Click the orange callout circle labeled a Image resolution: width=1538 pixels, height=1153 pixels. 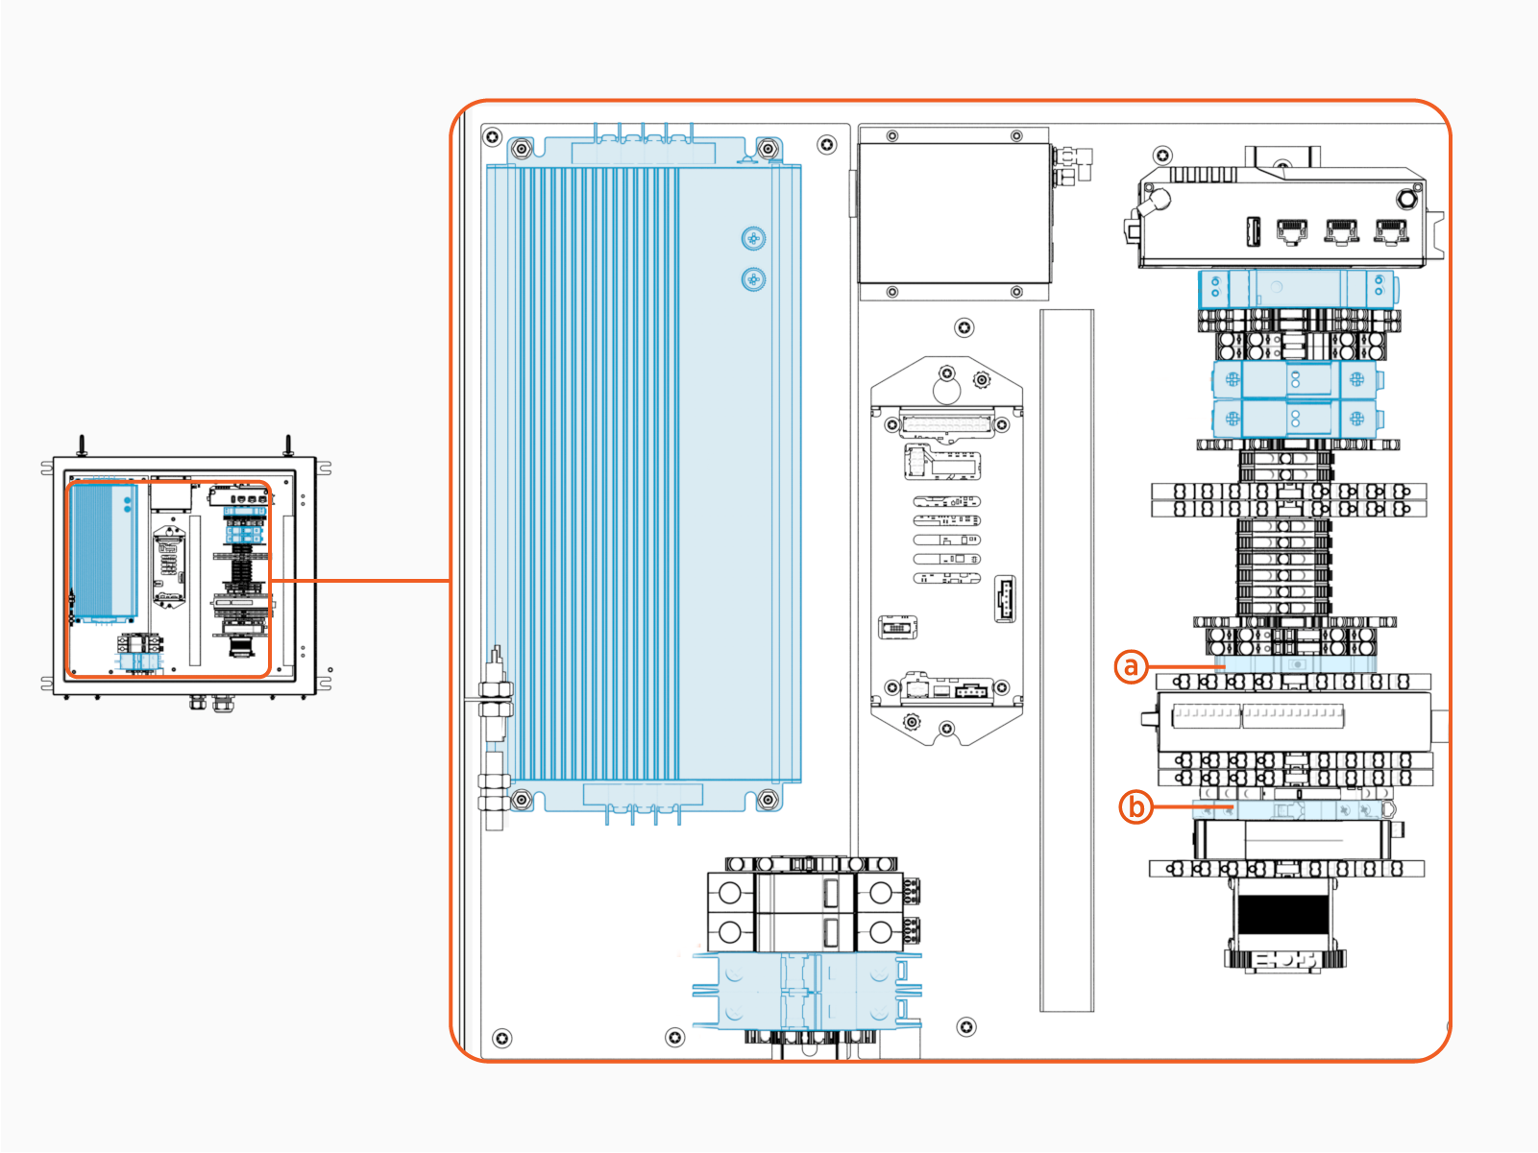(1131, 666)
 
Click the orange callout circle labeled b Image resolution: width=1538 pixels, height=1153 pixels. (1135, 806)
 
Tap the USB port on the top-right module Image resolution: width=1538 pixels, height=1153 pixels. (1253, 231)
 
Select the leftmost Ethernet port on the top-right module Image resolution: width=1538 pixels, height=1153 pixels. (1291, 230)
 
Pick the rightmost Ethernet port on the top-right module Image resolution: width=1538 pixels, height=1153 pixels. (1390, 230)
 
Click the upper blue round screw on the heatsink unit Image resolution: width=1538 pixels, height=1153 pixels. (753, 238)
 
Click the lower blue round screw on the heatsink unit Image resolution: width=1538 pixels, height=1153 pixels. (753, 279)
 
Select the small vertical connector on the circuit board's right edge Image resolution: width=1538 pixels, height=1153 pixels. (1005, 599)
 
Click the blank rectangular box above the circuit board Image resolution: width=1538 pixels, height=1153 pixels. (952, 213)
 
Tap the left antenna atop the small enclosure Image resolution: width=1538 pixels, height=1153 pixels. (83, 445)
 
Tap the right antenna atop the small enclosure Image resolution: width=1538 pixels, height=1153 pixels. (287, 445)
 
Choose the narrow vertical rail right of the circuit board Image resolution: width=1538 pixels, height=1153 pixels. (1066, 660)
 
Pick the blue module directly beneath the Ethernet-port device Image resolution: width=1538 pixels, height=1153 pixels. (1297, 288)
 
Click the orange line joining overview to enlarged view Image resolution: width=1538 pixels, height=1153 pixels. (360, 581)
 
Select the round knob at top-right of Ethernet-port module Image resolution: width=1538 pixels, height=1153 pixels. (1406, 199)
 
